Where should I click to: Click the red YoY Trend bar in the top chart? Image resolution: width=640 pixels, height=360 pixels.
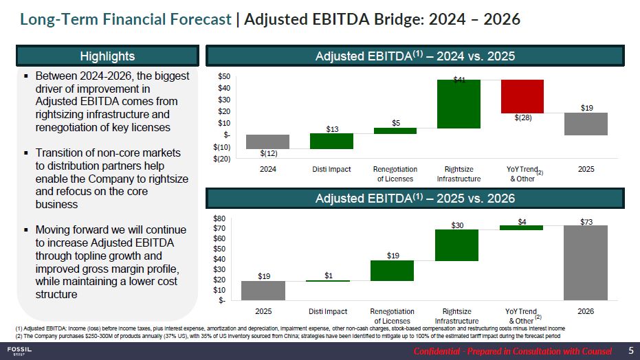point(522,96)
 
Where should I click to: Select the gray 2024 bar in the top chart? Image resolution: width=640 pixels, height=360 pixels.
point(267,142)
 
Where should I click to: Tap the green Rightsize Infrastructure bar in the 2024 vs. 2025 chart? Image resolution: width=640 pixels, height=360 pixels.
point(459,104)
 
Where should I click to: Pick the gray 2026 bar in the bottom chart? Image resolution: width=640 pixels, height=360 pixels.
point(586,262)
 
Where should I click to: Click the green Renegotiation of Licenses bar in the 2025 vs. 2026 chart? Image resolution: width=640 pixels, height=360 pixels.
point(393,271)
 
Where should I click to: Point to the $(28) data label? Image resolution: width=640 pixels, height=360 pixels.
point(524,118)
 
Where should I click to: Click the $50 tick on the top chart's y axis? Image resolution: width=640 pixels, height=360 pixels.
point(224,76)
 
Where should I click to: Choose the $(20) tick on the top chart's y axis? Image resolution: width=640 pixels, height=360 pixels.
point(221,159)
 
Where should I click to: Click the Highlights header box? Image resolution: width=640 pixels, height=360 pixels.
point(108,56)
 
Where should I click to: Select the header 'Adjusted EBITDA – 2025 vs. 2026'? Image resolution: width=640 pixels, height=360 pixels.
point(415,199)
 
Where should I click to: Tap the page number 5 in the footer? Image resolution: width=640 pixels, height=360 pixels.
point(630,351)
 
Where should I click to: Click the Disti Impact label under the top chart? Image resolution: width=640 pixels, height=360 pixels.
point(331,169)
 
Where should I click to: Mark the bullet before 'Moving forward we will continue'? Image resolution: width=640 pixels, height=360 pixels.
point(25,229)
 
